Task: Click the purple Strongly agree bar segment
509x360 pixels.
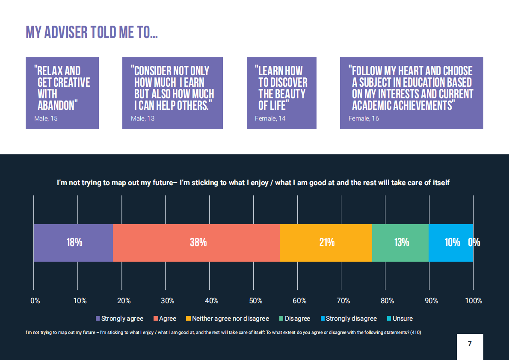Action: click(x=73, y=242)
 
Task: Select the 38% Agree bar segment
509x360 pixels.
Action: click(x=196, y=242)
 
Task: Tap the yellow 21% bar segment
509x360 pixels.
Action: click(x=326, y=242)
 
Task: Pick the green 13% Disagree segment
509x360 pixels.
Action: click(x=400, y=242)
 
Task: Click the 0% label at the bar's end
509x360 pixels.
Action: click(x=474, y=242)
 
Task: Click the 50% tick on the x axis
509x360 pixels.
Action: click(x=255, y=301)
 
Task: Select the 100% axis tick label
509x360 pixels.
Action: click(x=473, y=301)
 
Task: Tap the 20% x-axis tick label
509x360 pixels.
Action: click(x=124, y=301)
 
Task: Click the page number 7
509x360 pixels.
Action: click(x=470, y=344)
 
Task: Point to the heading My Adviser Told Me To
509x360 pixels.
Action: click(x=92, y=32)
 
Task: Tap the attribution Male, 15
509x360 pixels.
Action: click(x=46, y=118)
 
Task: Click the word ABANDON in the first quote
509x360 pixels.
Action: click(x=56, y=105)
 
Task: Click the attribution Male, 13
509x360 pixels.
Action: click(x=142, y=118)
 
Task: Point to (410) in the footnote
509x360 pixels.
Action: click(x=415, y=332)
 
